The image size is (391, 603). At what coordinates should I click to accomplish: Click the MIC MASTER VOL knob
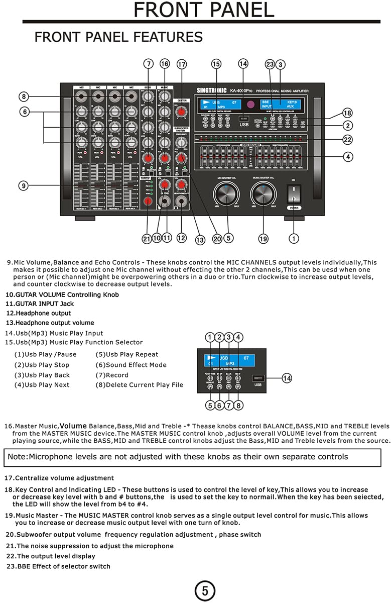coord(227,194)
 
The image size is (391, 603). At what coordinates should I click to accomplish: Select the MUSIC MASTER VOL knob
coord(264,194)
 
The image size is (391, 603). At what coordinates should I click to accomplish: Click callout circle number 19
coord(264,239)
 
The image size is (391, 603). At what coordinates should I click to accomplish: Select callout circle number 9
coord(24,185)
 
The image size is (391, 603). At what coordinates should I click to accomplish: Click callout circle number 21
coord(147,239)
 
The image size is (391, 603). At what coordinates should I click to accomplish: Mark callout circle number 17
coord(182,64)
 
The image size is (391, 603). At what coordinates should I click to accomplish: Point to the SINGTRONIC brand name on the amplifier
coord(210,90)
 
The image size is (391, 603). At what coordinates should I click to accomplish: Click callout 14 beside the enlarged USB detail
coord(287,378)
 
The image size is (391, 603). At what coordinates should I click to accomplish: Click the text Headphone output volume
coord(50,323)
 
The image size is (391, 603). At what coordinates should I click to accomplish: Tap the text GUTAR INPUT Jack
coord(40,304)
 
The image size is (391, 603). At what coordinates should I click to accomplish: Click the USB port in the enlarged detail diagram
coord(258,378)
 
